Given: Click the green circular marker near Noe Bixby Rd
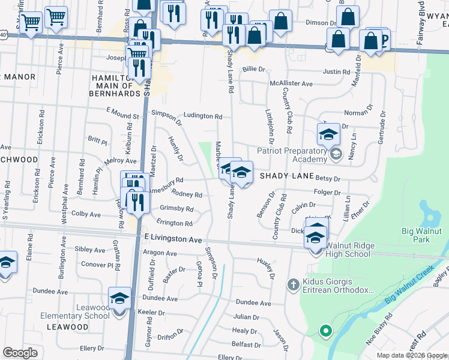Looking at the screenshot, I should (x=325, y=330).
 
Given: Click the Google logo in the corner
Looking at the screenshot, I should (x=20, y=352).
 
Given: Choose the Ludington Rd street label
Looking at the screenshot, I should (x=203, y=116).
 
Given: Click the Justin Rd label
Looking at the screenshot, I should (x=336, y=71).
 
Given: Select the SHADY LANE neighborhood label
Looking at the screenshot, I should (x=287, y=176).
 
